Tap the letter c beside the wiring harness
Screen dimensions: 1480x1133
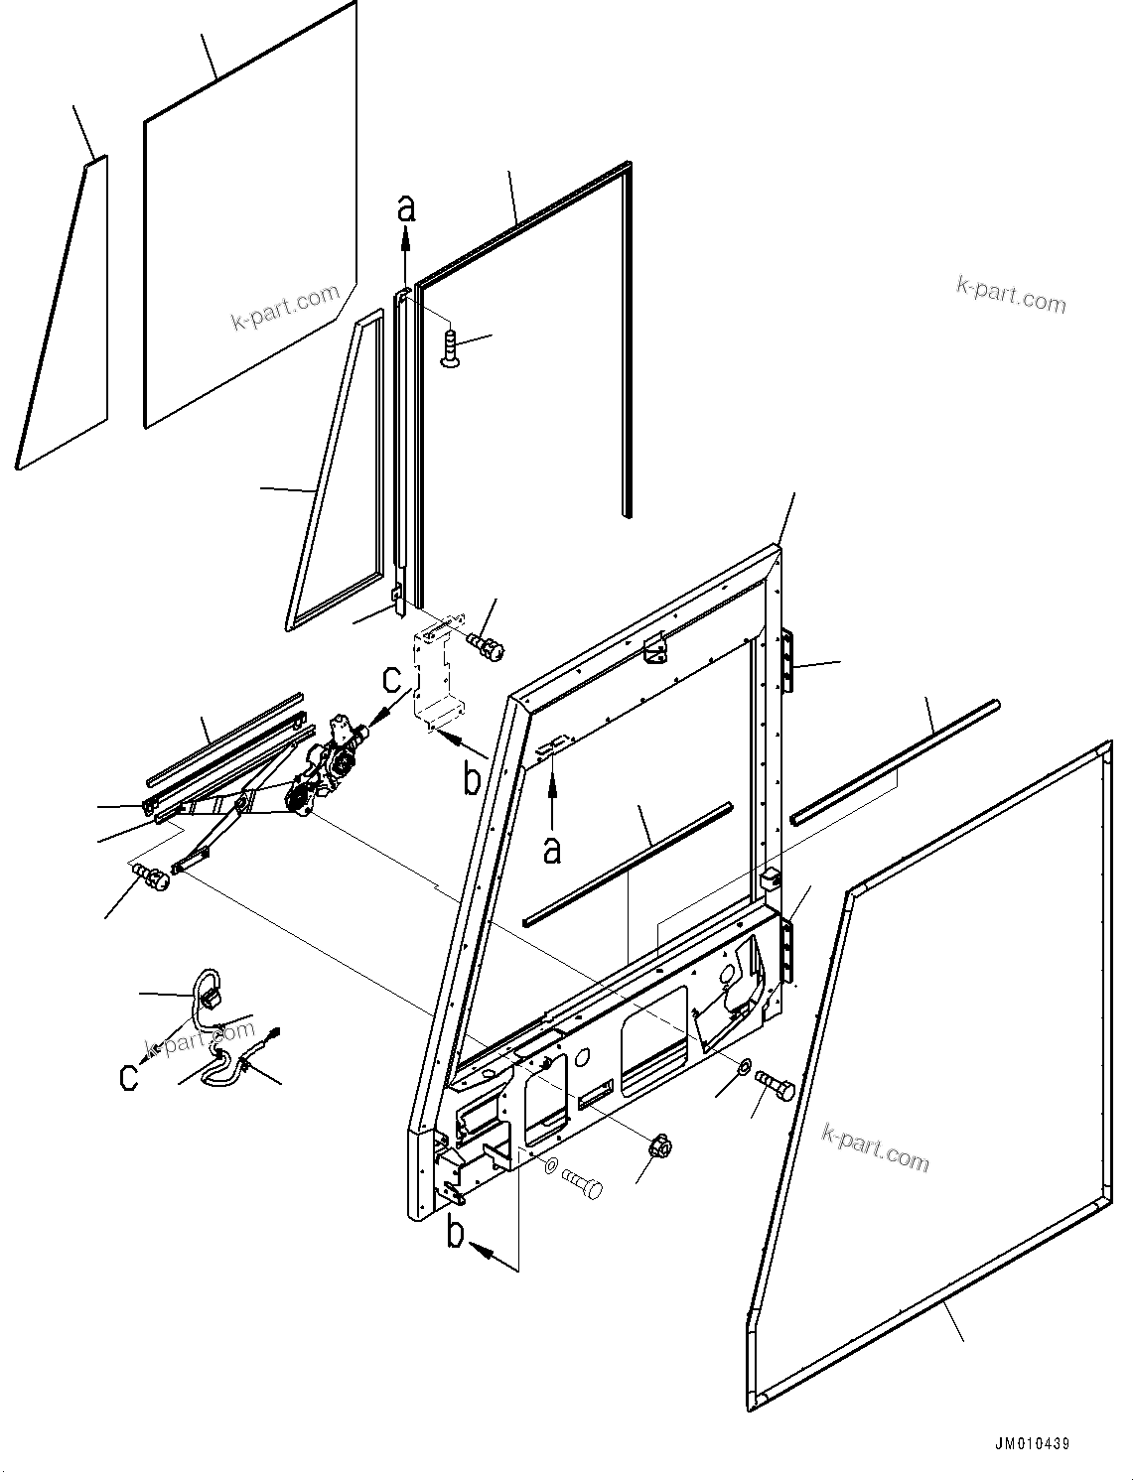pos(129,1077)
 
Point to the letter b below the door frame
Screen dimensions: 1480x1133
pos(456,1234)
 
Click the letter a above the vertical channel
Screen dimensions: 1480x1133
pos(405,207)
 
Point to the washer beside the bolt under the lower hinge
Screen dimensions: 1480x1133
pos(744,1067)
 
